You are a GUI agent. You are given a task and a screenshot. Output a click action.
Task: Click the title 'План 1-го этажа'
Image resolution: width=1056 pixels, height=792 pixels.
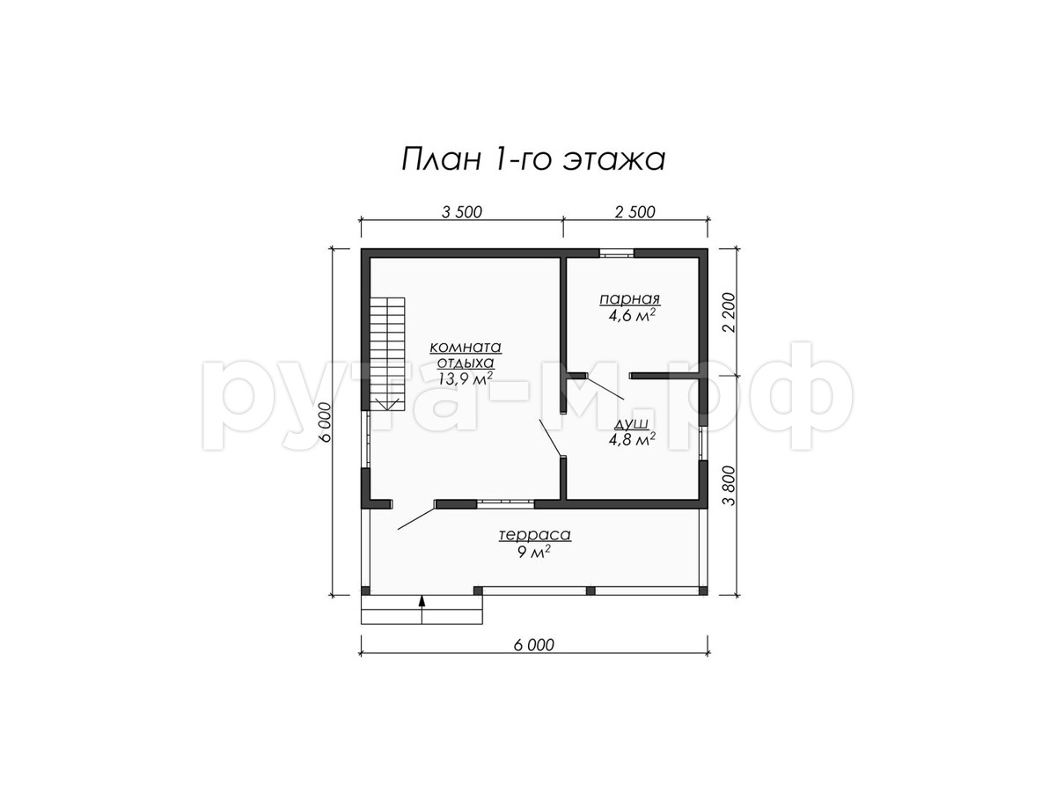(x=533, y=159)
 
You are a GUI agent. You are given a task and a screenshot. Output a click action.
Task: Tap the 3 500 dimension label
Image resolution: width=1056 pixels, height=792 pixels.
(x=461, y=212)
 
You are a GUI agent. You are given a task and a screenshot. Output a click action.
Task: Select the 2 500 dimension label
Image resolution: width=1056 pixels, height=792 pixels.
(x=635, y=212)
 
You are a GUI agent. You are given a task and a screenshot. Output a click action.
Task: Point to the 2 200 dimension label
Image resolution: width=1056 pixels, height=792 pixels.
(x=730, y=312)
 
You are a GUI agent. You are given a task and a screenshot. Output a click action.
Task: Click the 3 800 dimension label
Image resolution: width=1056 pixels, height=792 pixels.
(x=730, y=486)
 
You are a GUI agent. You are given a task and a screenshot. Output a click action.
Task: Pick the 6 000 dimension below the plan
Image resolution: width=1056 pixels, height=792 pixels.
(x=534, y=645)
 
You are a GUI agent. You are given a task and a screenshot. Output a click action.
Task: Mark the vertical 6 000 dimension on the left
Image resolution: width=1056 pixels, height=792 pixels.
(x=326, y=422)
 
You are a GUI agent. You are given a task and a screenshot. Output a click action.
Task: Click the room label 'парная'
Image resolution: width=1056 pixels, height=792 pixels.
(x=630, y=299)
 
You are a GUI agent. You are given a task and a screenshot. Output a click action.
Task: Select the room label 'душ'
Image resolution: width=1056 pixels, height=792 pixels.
(x=631, y=423)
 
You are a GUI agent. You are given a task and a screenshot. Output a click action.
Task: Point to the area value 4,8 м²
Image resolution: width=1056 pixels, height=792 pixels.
(x=632, y=439)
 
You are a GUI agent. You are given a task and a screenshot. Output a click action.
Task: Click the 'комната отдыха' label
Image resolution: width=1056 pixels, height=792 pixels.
(x=466, y=355)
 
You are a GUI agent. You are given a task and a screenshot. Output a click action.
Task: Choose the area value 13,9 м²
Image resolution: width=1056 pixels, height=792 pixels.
(x=466, y=378)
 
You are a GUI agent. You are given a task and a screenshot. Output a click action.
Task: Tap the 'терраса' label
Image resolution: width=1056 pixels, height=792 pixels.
(x=535, y=535)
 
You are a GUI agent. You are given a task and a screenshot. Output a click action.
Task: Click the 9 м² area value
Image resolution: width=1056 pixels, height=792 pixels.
(x=534, y=552)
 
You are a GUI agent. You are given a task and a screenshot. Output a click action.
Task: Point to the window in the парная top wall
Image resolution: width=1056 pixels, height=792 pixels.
(x=616, y=253)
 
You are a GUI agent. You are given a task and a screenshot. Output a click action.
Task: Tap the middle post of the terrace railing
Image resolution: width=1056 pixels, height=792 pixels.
(x=590, y=590)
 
